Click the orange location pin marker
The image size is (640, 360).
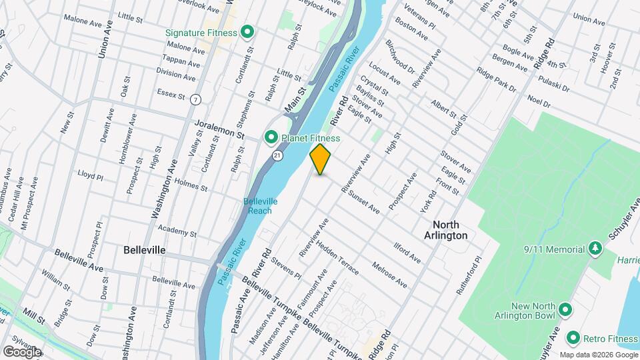click(x=321, y=159)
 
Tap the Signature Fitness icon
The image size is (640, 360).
click(x=247, y=31)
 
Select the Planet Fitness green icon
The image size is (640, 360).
click(x=271, y=138)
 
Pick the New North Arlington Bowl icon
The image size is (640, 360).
click(x=565, y=309)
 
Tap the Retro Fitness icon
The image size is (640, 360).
click(x=572, y=337)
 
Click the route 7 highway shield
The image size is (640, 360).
click(x=195, y=99)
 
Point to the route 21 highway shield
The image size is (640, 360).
click(x=277, y=155)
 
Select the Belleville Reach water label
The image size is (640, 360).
click(x=260, y=205)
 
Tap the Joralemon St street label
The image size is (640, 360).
click(x=219, y=129)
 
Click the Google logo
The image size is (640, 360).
click(x=22, y=351)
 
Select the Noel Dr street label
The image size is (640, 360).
click(x=538, y=103)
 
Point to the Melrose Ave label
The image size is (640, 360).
click(x=389, y=274)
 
